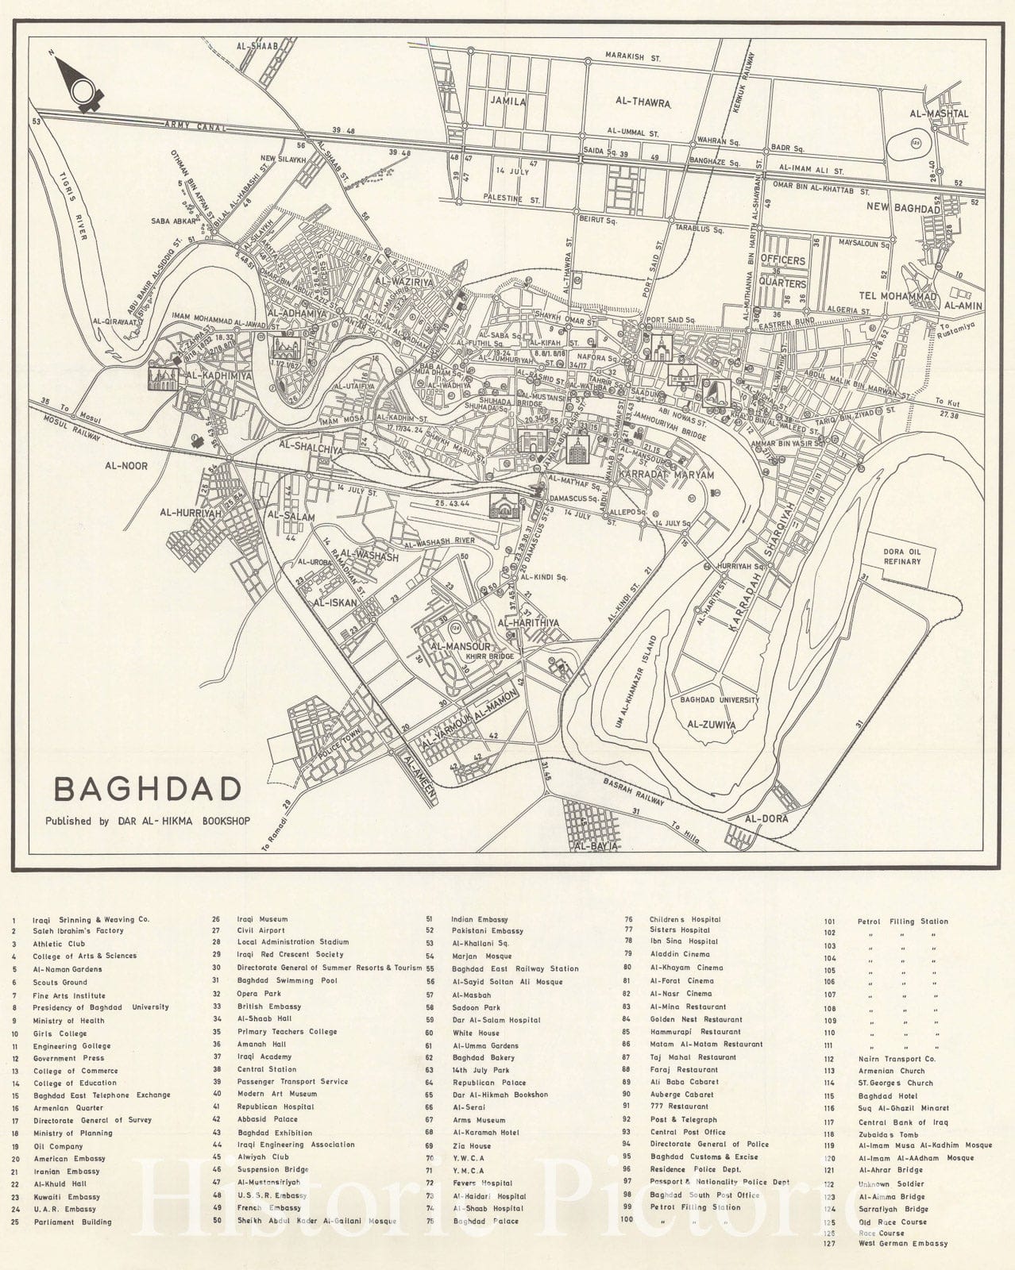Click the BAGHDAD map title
147,790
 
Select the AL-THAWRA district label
644,102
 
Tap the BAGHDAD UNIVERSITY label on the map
719,700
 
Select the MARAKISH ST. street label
633,58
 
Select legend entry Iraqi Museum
262,919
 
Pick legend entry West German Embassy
903,1244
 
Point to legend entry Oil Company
58,1146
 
